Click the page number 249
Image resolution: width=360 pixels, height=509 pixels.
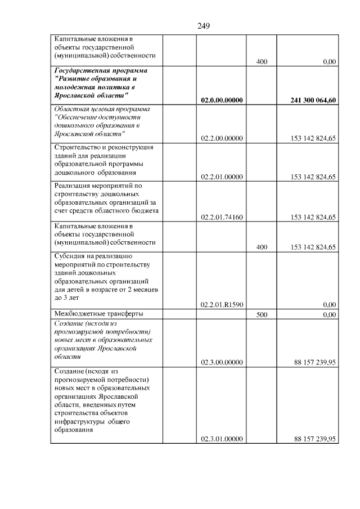pyautogui.click(x=204, y=26)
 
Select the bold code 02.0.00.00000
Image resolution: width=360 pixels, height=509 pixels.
pyautogui.click(x=222, y=100)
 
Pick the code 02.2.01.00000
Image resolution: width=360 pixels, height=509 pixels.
pyautogui.click(x=222, y=177)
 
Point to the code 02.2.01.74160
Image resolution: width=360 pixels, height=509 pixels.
pyautogui.click(x=222, y=217)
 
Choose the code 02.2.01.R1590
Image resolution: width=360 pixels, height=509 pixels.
pyautogui.click(x=222, y=304)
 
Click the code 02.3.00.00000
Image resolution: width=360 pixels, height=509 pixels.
pyautogui.click(x=222, y=363)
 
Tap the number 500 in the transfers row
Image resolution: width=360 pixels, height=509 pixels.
pyautogui.click(x=262, y=315)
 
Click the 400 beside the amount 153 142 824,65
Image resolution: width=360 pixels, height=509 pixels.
pyautogui.click(x=262, y=247)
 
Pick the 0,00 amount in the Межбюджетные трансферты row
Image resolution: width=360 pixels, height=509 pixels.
pyautogui.click(x=330, y=315)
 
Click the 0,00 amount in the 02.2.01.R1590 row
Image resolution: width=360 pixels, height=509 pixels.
pyautogui.click(x=330, y=304)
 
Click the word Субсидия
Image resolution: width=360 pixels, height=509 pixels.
pyautogui.click(x=69, y=256)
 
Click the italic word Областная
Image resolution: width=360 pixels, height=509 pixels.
pyautogui.click(x=70, y=109)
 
